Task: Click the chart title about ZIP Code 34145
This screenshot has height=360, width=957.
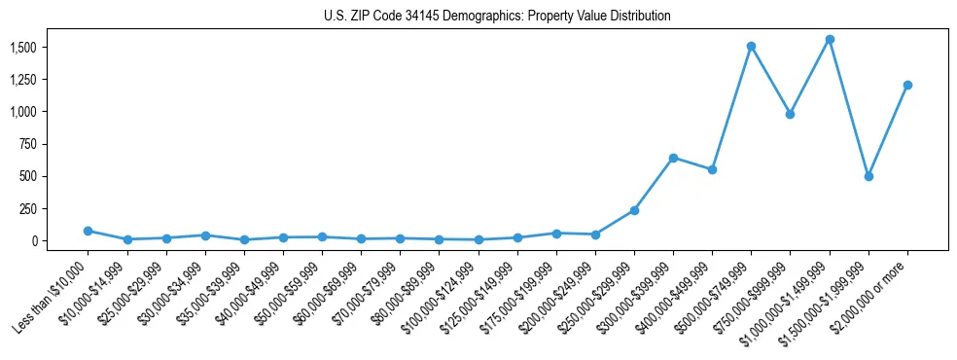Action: [497, 17]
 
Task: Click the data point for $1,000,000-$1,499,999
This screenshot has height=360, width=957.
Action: [829, 40]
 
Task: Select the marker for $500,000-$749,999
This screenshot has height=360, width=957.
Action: [751, 46]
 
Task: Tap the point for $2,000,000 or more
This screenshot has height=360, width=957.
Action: [906, 85]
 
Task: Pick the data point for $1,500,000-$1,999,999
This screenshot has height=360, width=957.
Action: [868, 176]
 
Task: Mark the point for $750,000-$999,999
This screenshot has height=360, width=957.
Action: [790, 114]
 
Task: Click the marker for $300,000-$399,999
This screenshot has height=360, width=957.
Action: [673, 158]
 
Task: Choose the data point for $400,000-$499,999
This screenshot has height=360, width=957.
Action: [712, 169]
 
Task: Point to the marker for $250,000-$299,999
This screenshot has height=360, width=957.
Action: [634, 210]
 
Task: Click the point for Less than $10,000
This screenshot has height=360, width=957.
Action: [89, 231]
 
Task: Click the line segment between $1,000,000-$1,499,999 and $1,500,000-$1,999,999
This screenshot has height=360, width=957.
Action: [848, 108]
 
